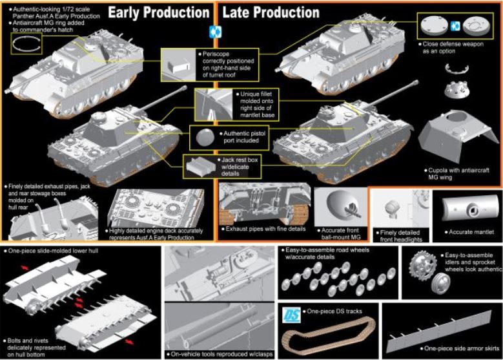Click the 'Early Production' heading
tap(159, 12)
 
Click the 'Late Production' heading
tap(271, 12)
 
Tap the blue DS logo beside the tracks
tap(292, 315)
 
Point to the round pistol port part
tap(205, 137)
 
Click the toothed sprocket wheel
tap(423, 265)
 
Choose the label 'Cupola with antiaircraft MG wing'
tap(459, 174)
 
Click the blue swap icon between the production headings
tap(215, 32)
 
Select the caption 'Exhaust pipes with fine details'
tap(265, 229)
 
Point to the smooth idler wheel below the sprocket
tap(441, 283)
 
